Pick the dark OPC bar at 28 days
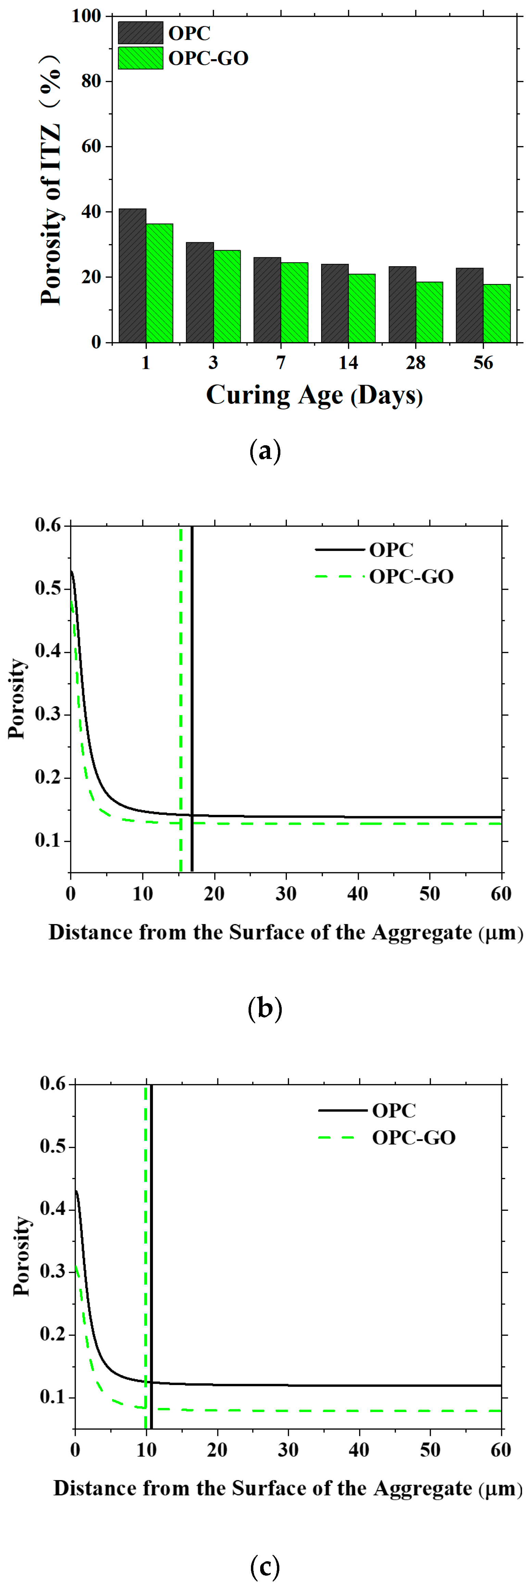coord(402,304)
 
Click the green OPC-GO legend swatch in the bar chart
coord(141,58)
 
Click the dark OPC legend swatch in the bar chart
coord(141,33)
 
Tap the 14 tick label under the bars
coord(348,363)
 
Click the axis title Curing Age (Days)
coord(314,395)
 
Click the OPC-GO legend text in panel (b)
coord(411,577)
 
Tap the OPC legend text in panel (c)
coord(394,1111)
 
